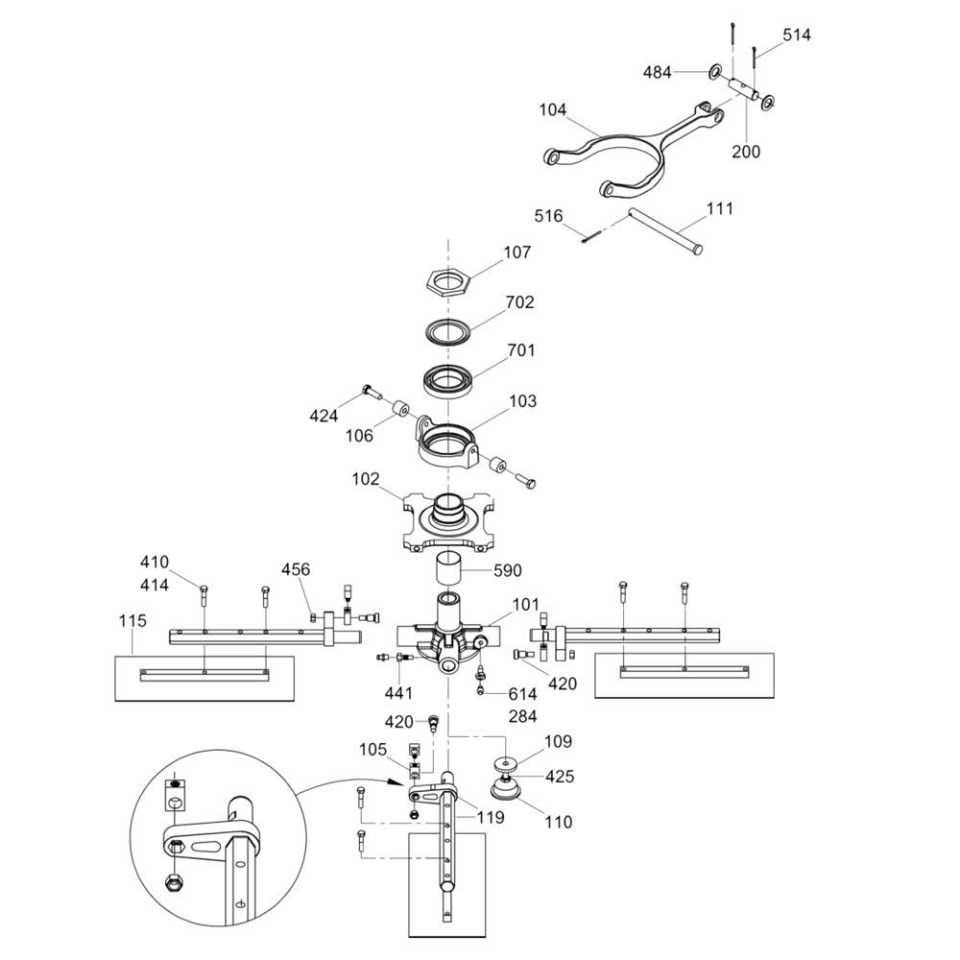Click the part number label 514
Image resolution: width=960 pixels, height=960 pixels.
click(x=797, y=35)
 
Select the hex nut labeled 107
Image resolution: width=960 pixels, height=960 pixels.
click(x=448, y=282)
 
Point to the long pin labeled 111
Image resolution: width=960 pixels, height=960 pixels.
click(x=664, y=231)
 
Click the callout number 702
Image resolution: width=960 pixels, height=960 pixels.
click(x=519, y=302)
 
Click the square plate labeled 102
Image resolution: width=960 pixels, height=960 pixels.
click(x=448, y=521)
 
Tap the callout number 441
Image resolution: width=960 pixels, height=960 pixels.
click(x=398, y=693)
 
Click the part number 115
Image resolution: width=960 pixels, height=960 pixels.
click(x=132, y=621)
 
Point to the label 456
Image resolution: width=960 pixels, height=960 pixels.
click(x=296, y=569)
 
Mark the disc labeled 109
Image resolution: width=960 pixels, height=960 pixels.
click(x=506, y=765)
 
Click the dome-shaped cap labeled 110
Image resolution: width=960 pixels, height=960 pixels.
click(x=506, y=789)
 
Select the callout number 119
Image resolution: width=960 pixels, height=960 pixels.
click(x=491, y=817)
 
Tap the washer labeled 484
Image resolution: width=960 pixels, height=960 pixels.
click(x=714, y=72)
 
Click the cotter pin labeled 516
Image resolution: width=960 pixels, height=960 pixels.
click(x=591, y=236)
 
